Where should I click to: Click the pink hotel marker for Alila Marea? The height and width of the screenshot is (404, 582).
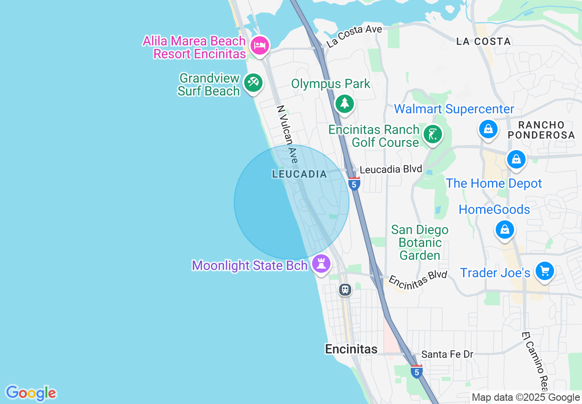(x=260, y=45)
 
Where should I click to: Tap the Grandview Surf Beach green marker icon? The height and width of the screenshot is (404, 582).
(x=253, y=83)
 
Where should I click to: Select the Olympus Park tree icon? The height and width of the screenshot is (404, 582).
(x=345, y=104)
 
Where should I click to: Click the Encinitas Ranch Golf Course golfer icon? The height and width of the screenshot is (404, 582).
(x=432, y=135)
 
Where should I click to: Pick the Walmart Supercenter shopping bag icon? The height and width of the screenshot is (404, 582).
(x=488, y=129)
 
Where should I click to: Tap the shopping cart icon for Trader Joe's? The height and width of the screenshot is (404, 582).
(x=545, y=271)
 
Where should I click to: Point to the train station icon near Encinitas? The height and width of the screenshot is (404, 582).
(x=345, y=290)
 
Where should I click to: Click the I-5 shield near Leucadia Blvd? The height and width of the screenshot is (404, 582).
(x=353, y=184)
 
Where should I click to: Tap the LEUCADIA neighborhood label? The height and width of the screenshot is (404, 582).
(x=299, y=174)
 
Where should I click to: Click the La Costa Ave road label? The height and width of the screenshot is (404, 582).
(x=354, y=36)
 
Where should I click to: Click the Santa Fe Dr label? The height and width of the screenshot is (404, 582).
(x=447, y=354)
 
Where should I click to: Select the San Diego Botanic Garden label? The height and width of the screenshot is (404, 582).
(x=420, y=242)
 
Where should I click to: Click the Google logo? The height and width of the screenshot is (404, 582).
(x=31, y=393)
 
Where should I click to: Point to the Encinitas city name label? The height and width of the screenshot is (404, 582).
(x=351, y=349)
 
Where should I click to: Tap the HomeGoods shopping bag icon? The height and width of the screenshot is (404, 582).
(x=505, y=229)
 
